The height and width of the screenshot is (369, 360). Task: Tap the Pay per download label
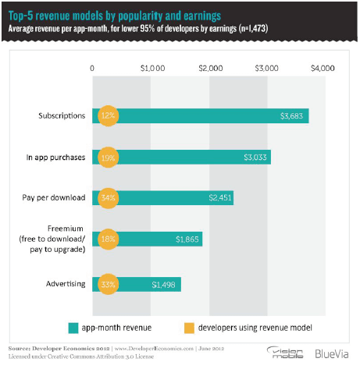pos(55,198)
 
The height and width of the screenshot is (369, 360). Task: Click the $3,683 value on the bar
pos(294,116)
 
